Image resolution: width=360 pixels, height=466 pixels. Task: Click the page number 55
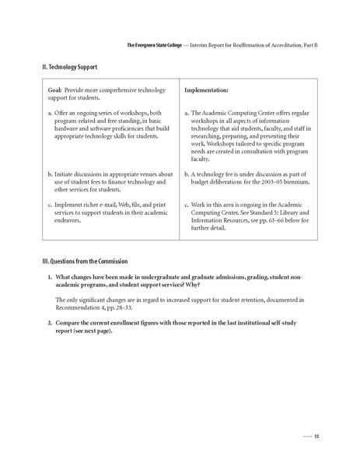pos(316,436)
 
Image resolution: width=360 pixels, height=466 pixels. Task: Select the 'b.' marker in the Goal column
pos(51,174)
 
